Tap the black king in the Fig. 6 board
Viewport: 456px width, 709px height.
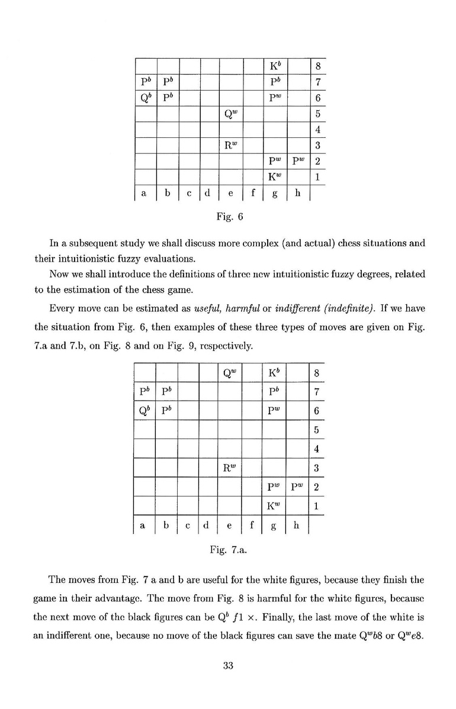[x=274, y=65]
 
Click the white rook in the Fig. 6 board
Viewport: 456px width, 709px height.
[x=231, y=145]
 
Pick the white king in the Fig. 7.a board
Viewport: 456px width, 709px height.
[x=274, y=506]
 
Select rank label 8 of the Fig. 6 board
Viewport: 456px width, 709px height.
[x=317, y=66]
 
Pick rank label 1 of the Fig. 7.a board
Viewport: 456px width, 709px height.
[x=317, y=507]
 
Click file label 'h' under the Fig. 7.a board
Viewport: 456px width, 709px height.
[x=297, y=524]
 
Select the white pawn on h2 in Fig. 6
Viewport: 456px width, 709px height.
[x=296, y=161]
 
